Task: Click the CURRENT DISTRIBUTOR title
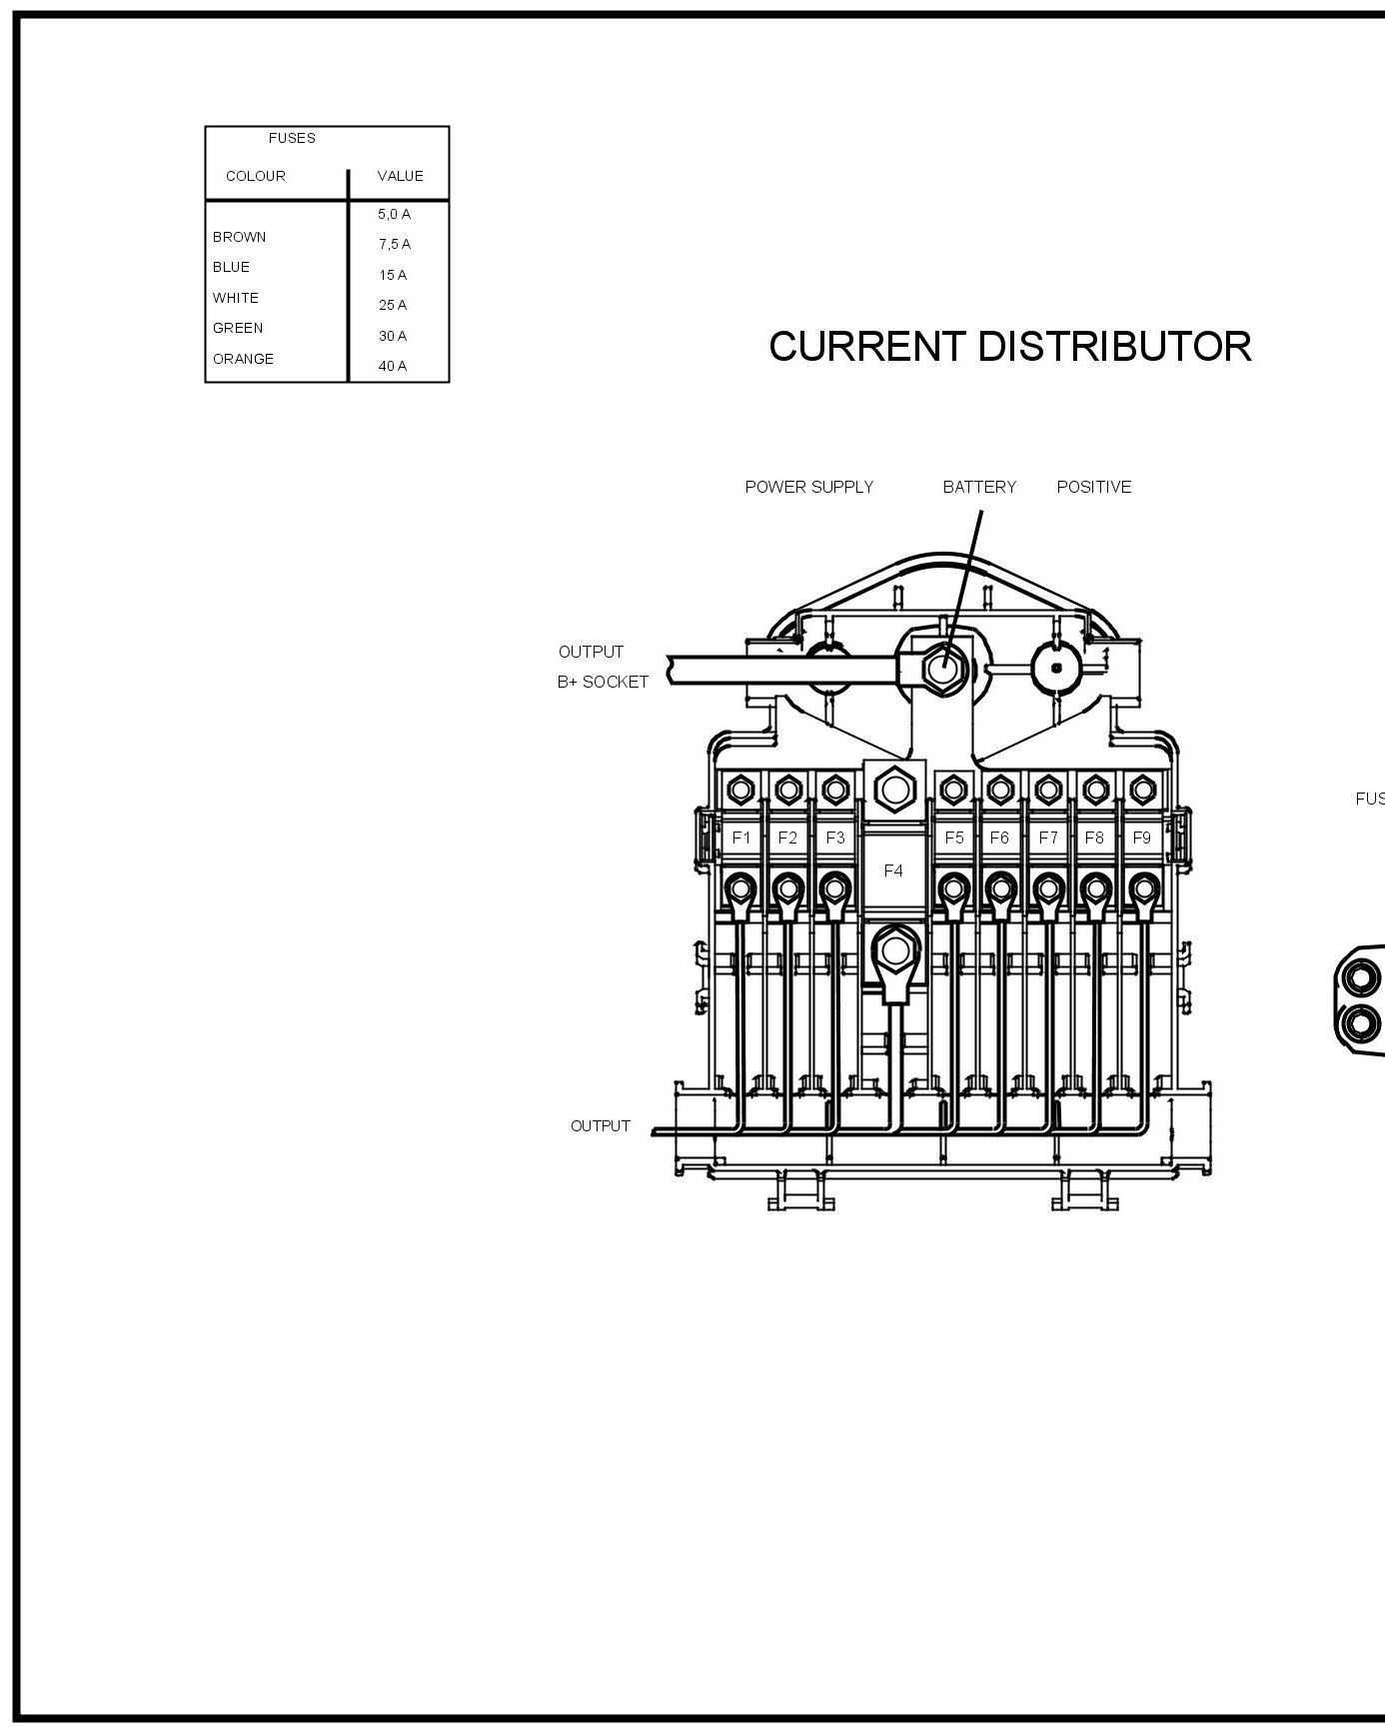1009,347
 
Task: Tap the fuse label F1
740,838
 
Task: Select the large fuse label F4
893,870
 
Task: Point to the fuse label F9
1141,838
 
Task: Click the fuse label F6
999,838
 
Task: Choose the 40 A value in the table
393,366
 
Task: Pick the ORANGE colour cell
243,359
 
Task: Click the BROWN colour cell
239,237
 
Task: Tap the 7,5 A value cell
394,244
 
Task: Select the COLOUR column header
256,176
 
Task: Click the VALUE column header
400,176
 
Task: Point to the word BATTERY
979,487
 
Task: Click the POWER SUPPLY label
809,487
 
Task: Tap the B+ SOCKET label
603,682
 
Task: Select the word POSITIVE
1094,487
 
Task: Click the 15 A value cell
393,275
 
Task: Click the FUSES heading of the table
292,138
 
